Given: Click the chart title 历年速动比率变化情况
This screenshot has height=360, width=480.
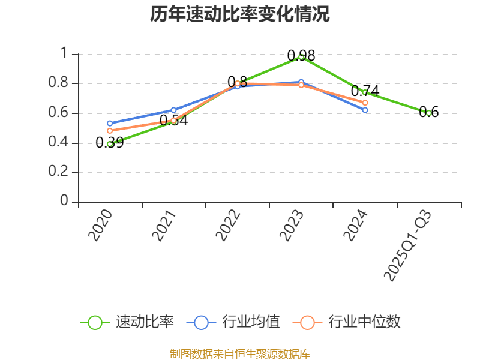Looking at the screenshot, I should [x=240, y=14].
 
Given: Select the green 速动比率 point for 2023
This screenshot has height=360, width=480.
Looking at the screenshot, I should [x=301, y=56].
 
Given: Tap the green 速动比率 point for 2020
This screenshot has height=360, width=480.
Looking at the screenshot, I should [x=110, y=143].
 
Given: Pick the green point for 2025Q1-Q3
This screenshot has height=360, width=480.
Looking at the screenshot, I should [x=428, y=113].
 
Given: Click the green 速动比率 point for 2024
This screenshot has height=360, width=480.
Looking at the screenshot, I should [x=364, y=92].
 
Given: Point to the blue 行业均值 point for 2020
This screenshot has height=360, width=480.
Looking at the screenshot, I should [x=110, y=124].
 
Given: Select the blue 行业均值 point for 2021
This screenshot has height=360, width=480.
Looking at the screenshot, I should [x=173, y=110].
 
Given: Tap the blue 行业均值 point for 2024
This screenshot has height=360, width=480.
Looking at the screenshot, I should [x=365, y=110].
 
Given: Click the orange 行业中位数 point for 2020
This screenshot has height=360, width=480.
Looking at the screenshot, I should [x=110, y=131].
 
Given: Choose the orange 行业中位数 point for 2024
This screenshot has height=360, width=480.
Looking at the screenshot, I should [x=365, y=103].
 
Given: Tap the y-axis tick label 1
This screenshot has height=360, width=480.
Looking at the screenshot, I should [x=64, y=54].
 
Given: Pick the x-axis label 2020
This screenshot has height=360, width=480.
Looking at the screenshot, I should [x=101, y=226].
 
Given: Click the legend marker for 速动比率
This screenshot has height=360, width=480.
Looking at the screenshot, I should [x=95, y=322].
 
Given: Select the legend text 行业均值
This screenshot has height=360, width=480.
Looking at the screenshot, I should [x=251, y=322].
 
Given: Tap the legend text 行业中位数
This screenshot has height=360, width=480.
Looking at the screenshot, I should [x=364, y=322].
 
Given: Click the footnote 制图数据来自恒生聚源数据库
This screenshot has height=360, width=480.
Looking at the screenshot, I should [x=240, y=353].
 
